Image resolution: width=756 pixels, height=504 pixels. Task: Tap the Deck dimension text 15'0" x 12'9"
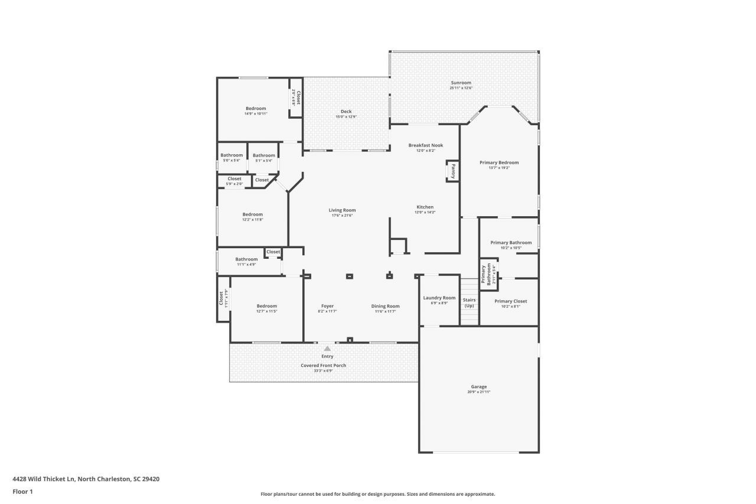346,117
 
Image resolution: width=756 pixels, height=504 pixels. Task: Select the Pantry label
453,171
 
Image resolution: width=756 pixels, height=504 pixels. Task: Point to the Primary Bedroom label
499,162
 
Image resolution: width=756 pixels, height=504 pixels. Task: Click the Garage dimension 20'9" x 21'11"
478,392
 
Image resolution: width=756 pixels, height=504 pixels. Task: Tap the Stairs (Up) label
469,303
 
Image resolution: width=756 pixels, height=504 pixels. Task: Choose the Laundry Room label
439,298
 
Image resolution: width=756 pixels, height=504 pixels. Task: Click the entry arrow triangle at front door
327,349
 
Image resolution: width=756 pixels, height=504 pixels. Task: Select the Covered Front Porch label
324,365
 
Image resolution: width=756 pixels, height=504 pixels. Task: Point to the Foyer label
327,306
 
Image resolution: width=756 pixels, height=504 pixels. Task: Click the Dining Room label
385,306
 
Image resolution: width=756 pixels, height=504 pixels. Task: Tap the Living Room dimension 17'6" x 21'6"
343,216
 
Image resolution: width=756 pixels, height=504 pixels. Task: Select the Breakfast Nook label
425,145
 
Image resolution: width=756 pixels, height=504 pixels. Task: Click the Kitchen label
425,207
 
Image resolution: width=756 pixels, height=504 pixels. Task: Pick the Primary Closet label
511,301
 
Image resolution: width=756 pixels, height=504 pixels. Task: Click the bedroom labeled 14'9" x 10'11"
256,109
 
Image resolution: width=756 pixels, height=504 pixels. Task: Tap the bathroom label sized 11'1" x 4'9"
246,259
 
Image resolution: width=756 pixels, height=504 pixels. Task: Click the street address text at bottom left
86,479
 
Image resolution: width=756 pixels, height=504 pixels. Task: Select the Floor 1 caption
22,492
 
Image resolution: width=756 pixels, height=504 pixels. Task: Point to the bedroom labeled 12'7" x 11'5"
266,306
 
